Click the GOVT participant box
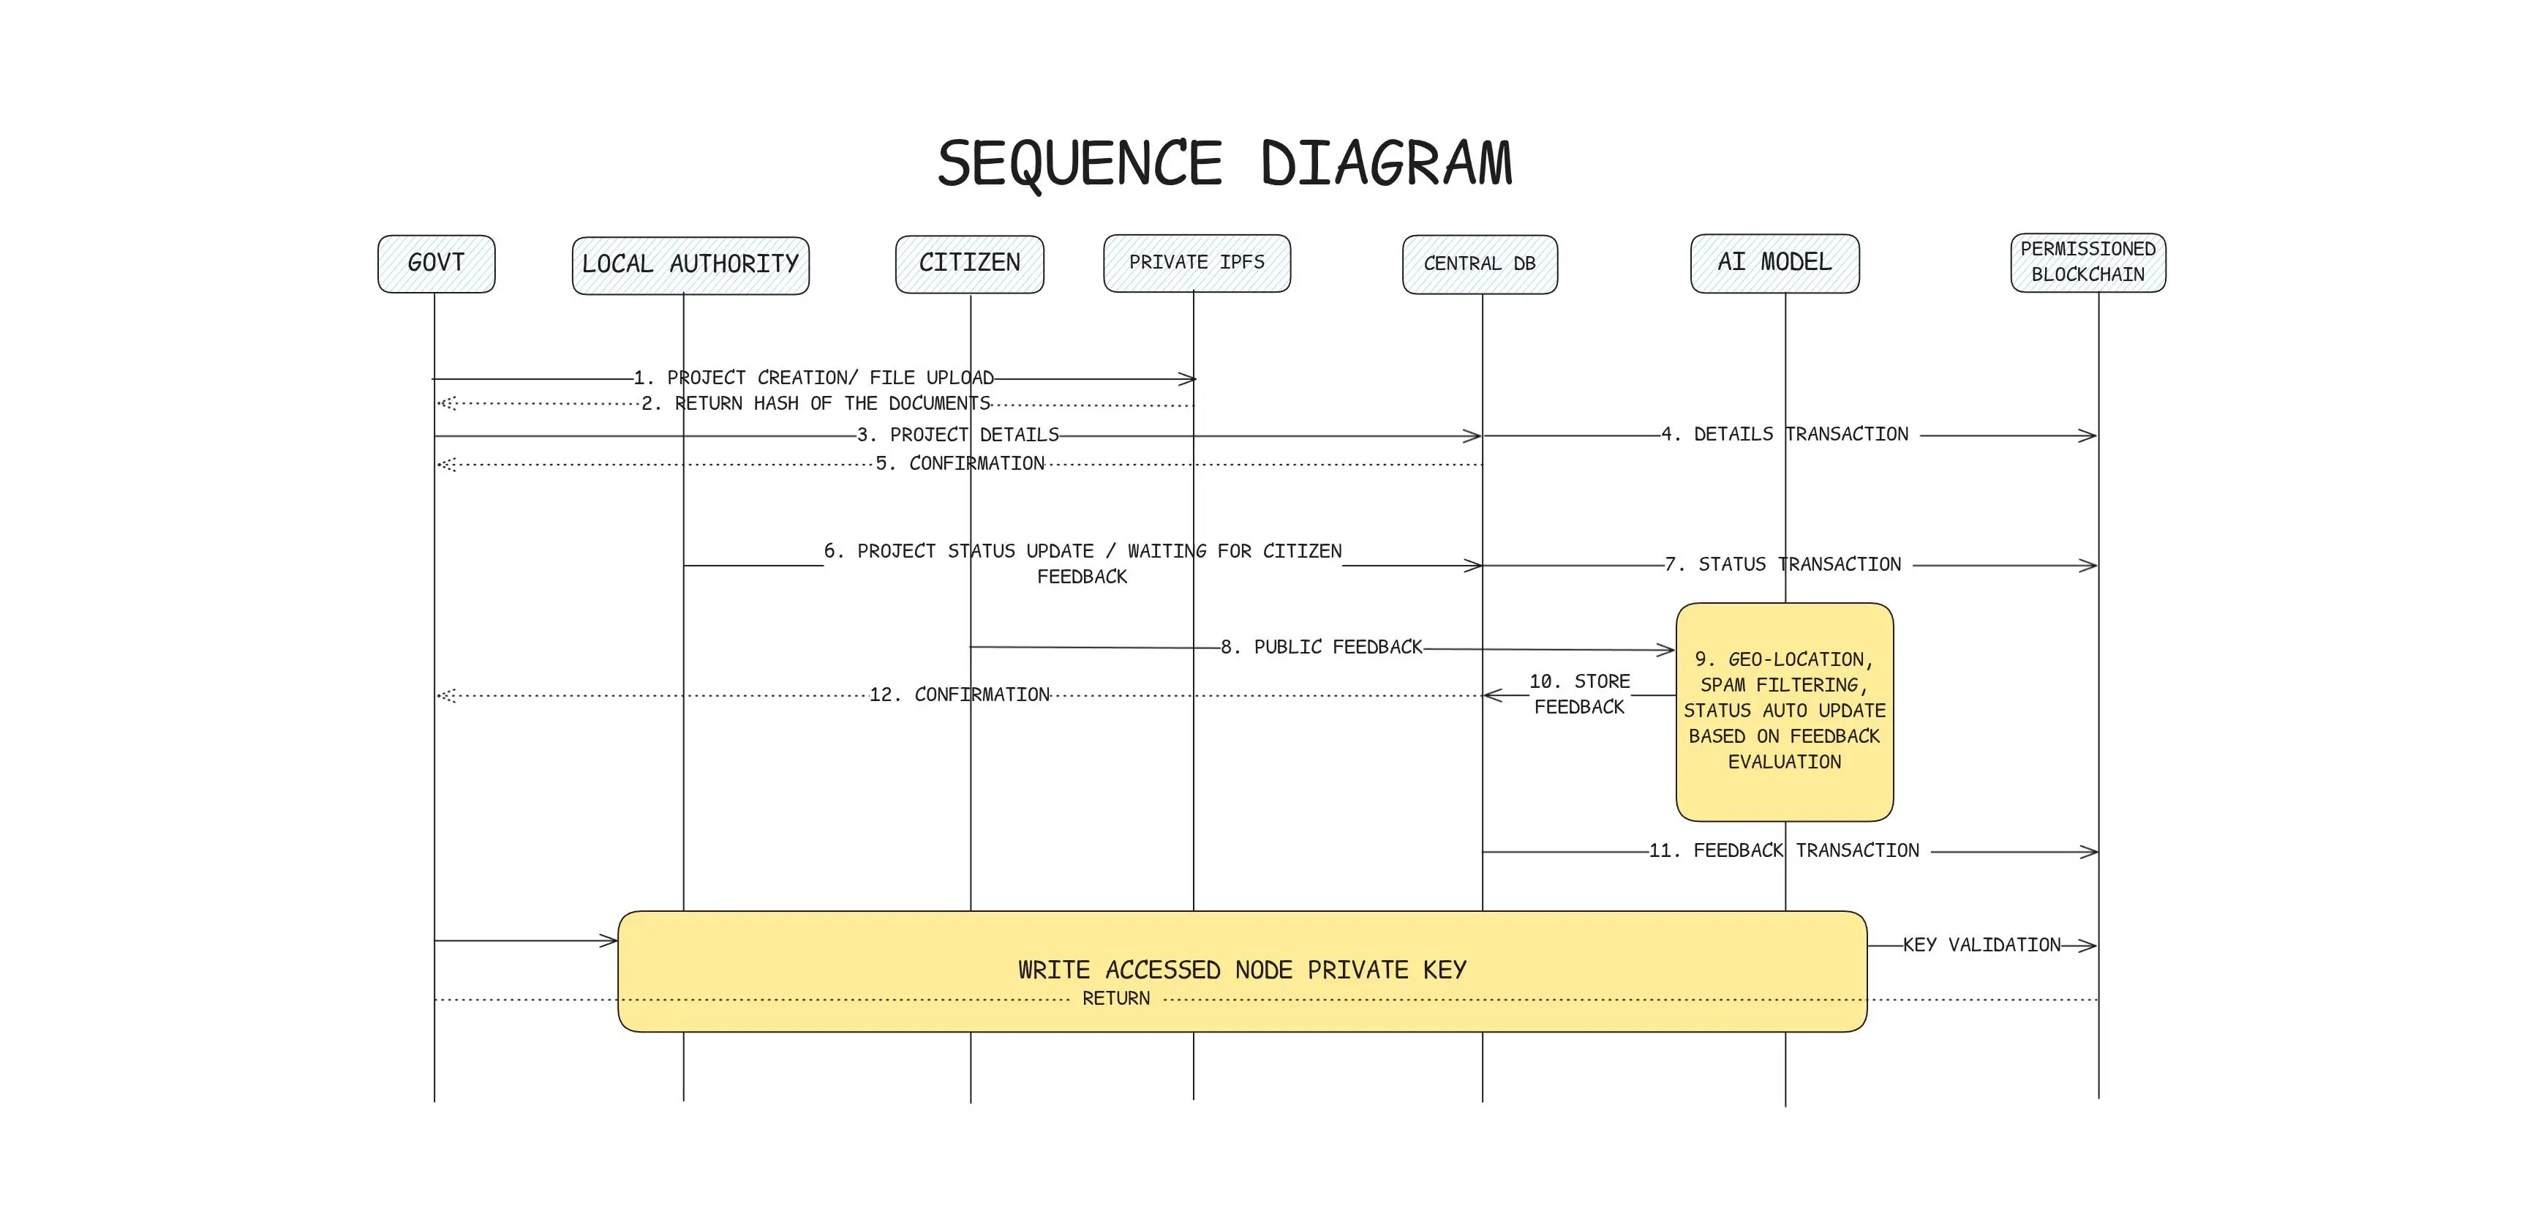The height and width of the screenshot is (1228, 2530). (436, 263)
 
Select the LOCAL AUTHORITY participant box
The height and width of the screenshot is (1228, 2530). (690, 265)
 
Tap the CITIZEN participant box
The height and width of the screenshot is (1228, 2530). (969, 263)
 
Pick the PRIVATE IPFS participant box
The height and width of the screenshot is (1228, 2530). (1197, 262)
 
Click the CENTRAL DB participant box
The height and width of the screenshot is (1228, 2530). (1479, 263)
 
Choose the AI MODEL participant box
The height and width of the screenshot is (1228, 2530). (1774, 262)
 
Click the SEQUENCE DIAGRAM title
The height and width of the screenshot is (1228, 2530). (1224, 163)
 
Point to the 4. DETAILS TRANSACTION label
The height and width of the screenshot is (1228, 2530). (1785, 434)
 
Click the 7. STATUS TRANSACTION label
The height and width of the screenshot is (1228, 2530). (1782, 565)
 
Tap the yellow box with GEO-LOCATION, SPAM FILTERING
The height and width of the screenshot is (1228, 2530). (1783, 711)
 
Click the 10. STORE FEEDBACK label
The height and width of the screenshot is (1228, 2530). (1578, 695)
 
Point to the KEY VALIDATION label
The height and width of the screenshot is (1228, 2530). (1981, 945)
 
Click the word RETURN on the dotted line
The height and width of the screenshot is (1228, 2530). (1115, 999)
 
